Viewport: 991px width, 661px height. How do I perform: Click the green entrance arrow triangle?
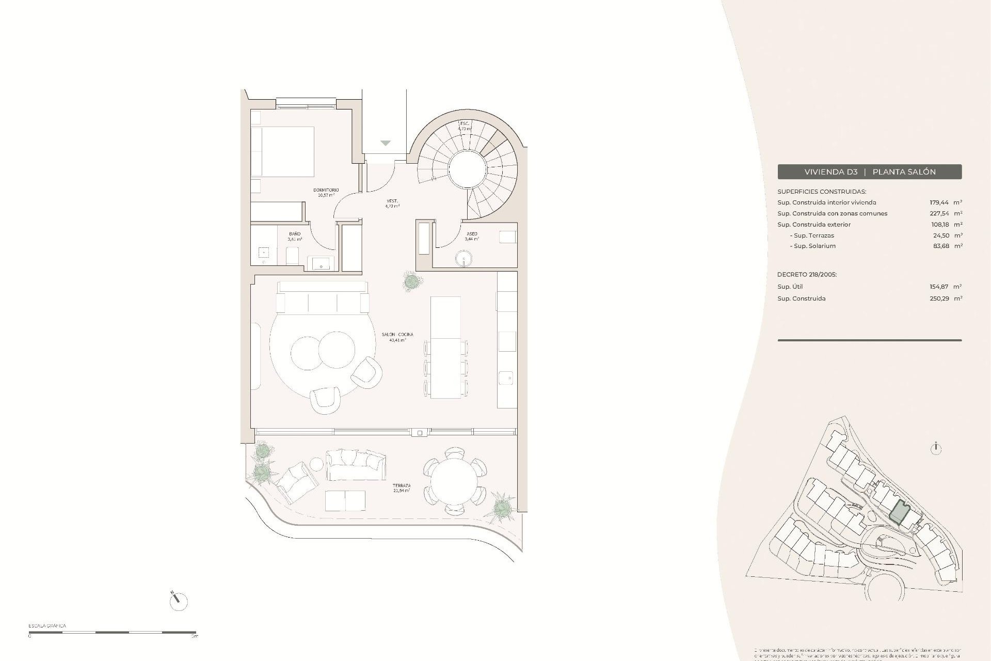386,143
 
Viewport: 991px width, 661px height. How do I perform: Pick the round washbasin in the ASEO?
465,258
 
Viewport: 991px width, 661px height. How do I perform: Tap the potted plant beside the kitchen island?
411,281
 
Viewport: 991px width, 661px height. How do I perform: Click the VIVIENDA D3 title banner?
869,172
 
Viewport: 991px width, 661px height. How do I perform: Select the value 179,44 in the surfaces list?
939,202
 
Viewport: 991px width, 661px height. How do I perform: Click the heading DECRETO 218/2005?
807,275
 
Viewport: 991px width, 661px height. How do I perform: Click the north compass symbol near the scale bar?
178,601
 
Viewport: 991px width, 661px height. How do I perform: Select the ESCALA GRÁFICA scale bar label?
47,626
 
